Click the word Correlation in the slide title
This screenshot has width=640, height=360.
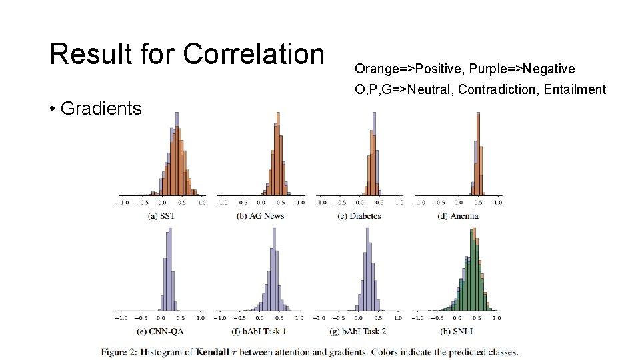click(253, 54)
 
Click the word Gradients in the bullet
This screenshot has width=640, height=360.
click(101, 108)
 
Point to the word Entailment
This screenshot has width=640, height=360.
click(574, 89)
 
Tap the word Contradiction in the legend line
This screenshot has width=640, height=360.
click(495, 89)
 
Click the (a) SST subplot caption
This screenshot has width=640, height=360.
click(162, 215)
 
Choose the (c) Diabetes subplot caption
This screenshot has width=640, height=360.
click(359, 215)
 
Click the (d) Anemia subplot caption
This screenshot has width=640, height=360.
click(458, 215)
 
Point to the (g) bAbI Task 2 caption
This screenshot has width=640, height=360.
click(359, 331)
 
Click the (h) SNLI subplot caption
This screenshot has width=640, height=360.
click(458, 331)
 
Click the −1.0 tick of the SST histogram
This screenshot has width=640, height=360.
click(123, 202)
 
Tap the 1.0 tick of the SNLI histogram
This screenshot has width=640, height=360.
click(497, 318)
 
